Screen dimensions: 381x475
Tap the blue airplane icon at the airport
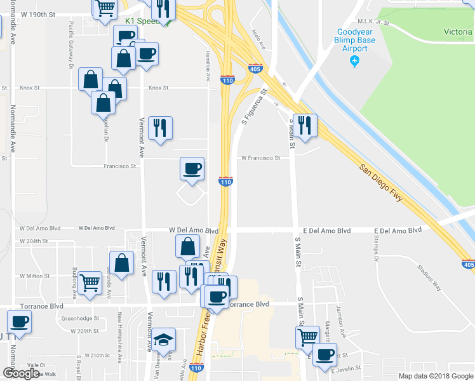point(354,62)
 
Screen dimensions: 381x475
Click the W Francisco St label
point(260,158)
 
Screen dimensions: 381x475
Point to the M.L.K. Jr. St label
point(373,22)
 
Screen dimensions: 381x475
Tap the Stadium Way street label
point(429,277)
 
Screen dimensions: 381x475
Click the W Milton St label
point(35,276)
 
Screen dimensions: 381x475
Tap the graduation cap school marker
point(164,339)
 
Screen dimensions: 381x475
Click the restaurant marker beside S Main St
point(305,126)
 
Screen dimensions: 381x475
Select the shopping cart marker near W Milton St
point(90,283)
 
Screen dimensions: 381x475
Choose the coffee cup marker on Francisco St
point(192,169)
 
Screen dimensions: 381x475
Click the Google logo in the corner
point(21,373)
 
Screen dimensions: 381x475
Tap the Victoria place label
point(457,32)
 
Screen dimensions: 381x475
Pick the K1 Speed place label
point(140,21)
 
